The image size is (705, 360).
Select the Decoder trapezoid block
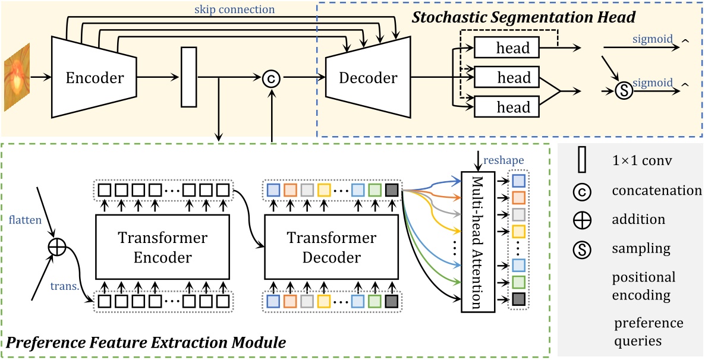[367, 77]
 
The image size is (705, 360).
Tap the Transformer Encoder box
[162, 247]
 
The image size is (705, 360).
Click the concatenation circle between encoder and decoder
[271, 78]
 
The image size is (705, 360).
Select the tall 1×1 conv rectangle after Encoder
[188, 78]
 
